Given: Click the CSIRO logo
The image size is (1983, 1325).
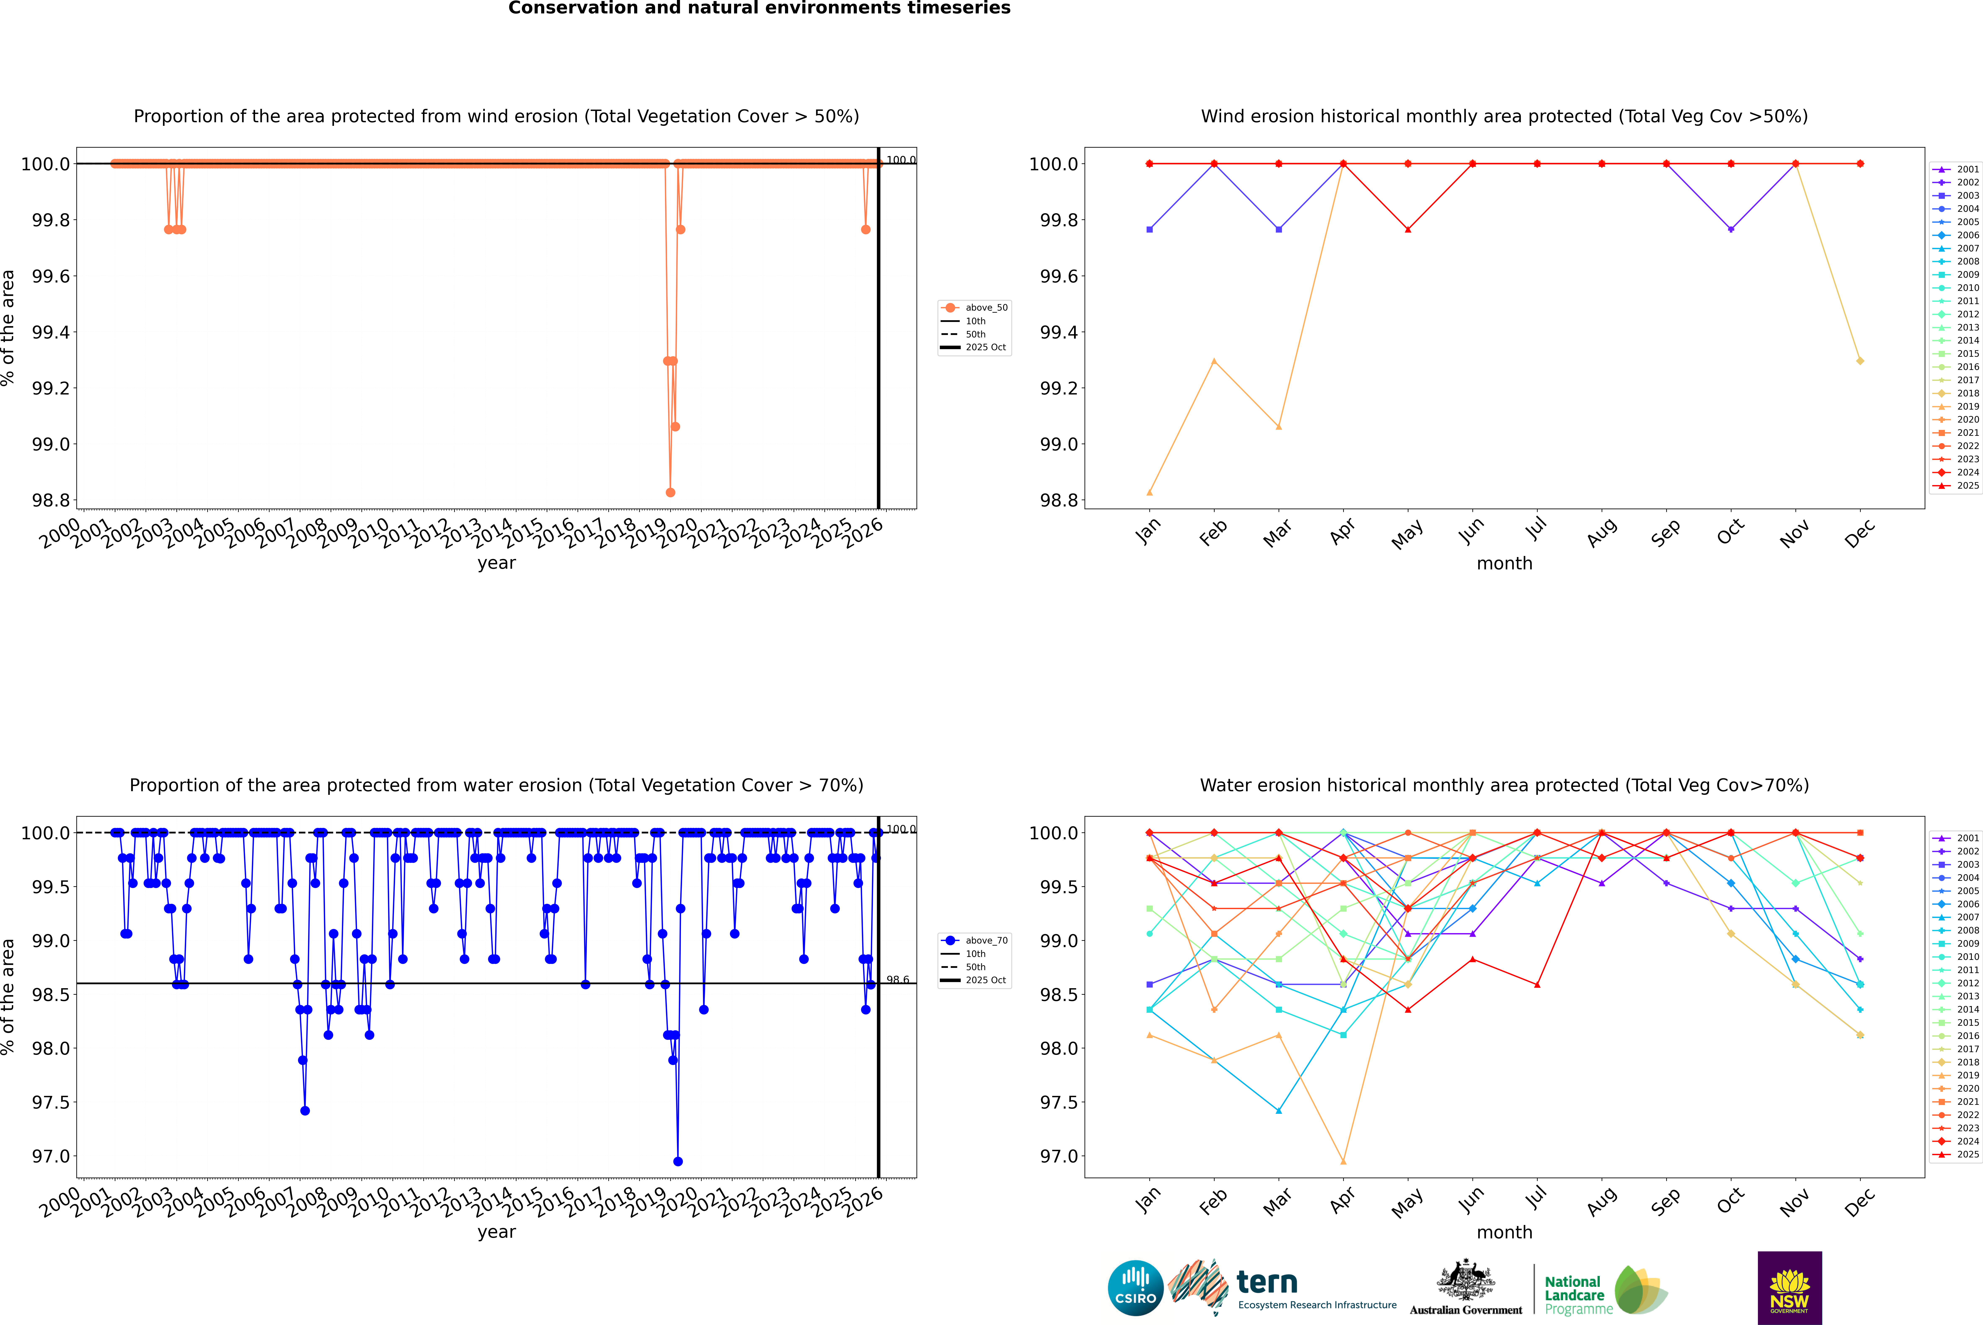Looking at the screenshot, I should [x=1135, y=1288].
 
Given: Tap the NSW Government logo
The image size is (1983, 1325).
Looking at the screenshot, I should [x=1789, y=1288].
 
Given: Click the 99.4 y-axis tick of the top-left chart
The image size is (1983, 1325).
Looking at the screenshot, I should [x=51, y=332].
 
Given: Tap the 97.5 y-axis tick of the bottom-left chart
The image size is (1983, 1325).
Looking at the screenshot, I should [x=51, y=1102].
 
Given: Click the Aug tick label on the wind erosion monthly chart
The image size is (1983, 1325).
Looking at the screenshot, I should [x=1602, y=532].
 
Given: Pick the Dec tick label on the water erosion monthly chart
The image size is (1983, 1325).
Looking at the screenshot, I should [x=1860, y=1202].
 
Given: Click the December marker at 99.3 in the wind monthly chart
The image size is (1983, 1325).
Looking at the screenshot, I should [x=1860, y=361].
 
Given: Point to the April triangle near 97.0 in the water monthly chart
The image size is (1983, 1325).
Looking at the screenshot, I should [x=1343, y=1161].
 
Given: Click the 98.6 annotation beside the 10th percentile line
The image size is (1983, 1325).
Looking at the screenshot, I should [x=898, y=980].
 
